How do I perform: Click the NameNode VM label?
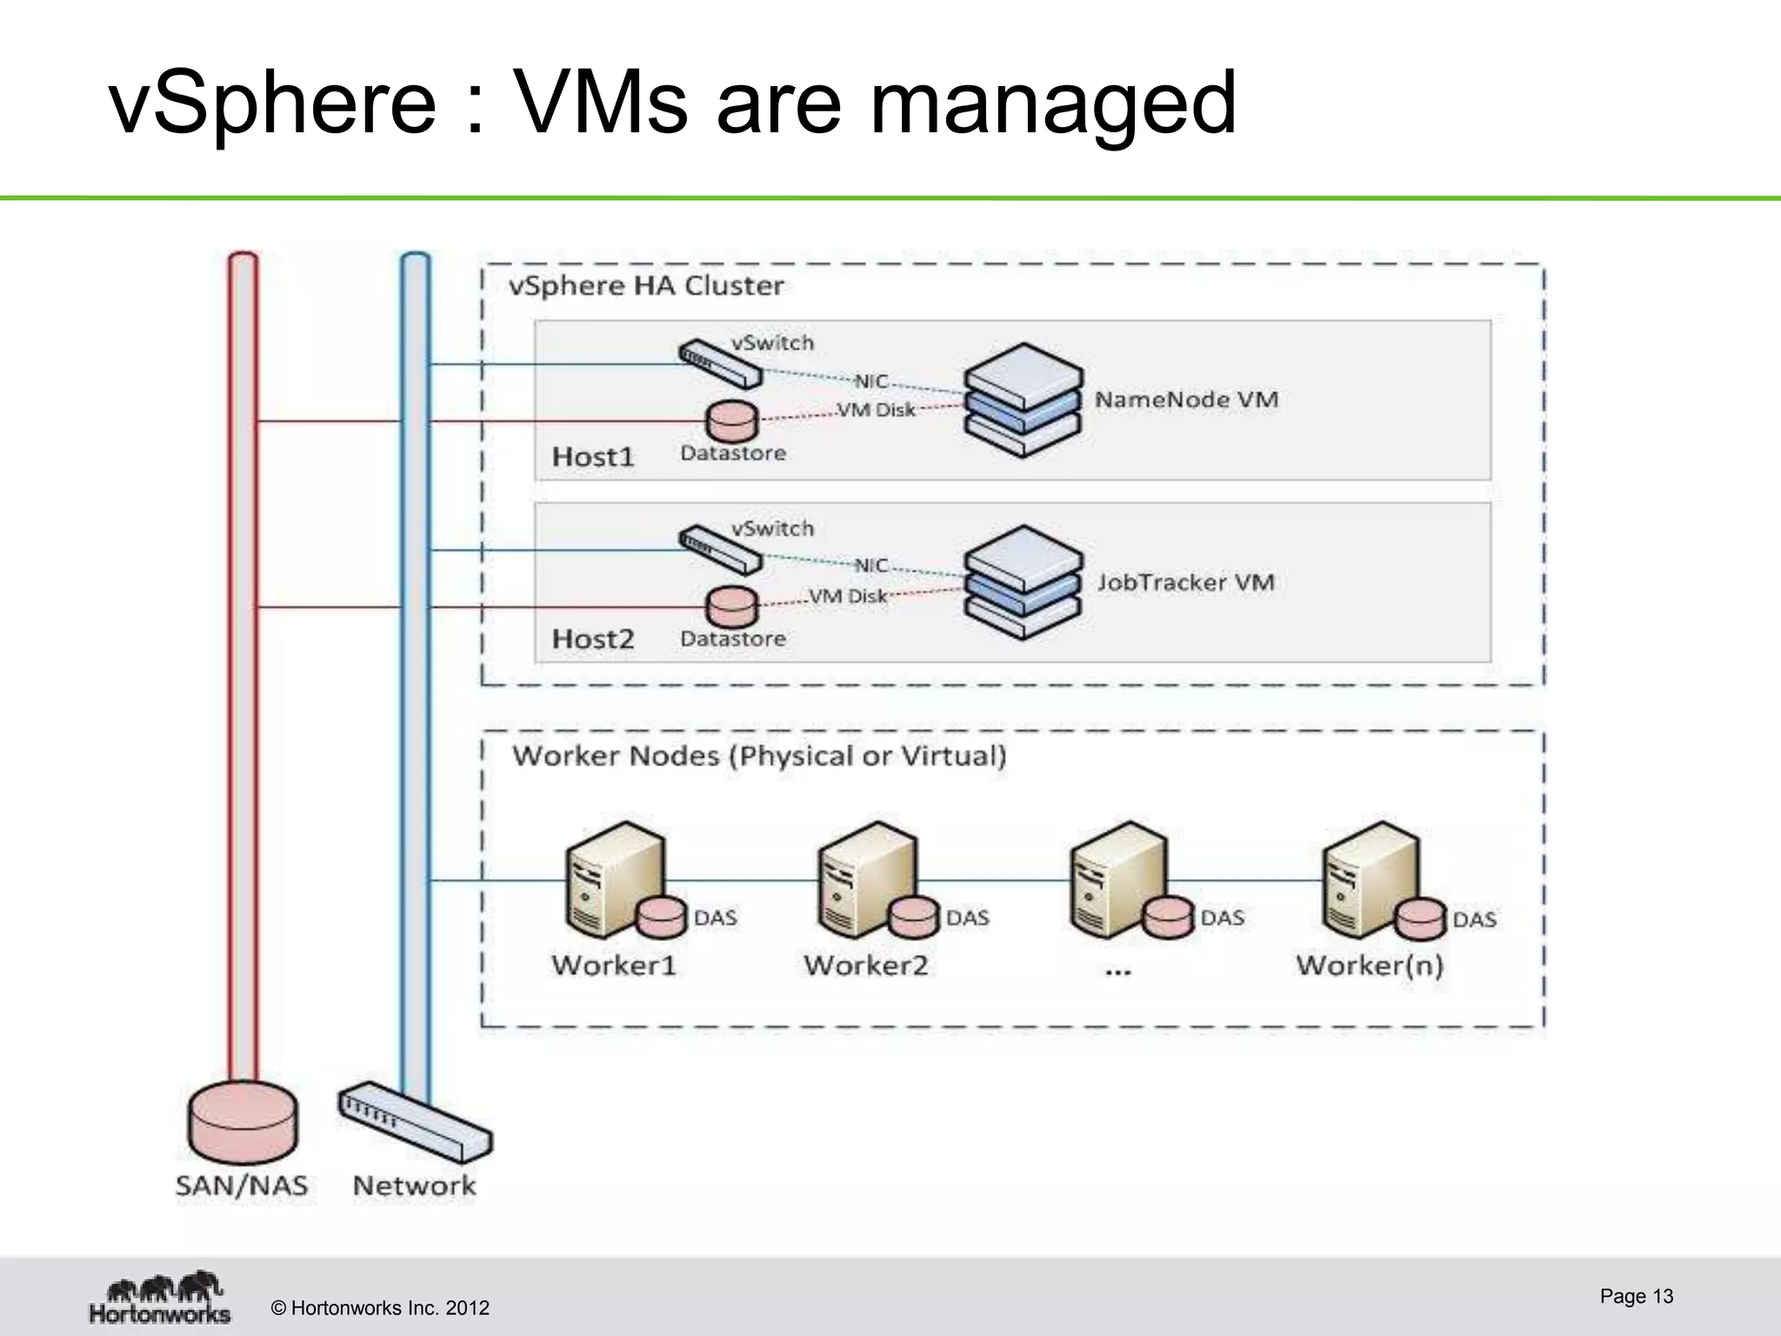(x=1186, y=400)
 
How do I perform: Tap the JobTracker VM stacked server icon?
(x=1024, y=582)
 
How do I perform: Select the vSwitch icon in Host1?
(x=720, y=364)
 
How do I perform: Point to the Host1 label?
(x=593, y=457)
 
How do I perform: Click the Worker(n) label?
(x=1369, y=965)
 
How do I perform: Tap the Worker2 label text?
(x=865, y=965)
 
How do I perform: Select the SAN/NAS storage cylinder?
(x=243, y=1122)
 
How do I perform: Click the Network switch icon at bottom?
(x=415, y=1122)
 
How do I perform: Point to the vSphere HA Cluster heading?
(x=645, y=286)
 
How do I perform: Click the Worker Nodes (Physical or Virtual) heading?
(x=758, y=756)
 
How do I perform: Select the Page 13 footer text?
(x=1636, y=1296)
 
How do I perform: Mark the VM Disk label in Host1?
(x=876, y=410)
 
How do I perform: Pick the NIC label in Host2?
(x=870, y=565)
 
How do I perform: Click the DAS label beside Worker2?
(x=967, y=918)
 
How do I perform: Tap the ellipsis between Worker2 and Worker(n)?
(x=1117, y=971)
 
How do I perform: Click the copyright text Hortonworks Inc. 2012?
(x=380, y=1308)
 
